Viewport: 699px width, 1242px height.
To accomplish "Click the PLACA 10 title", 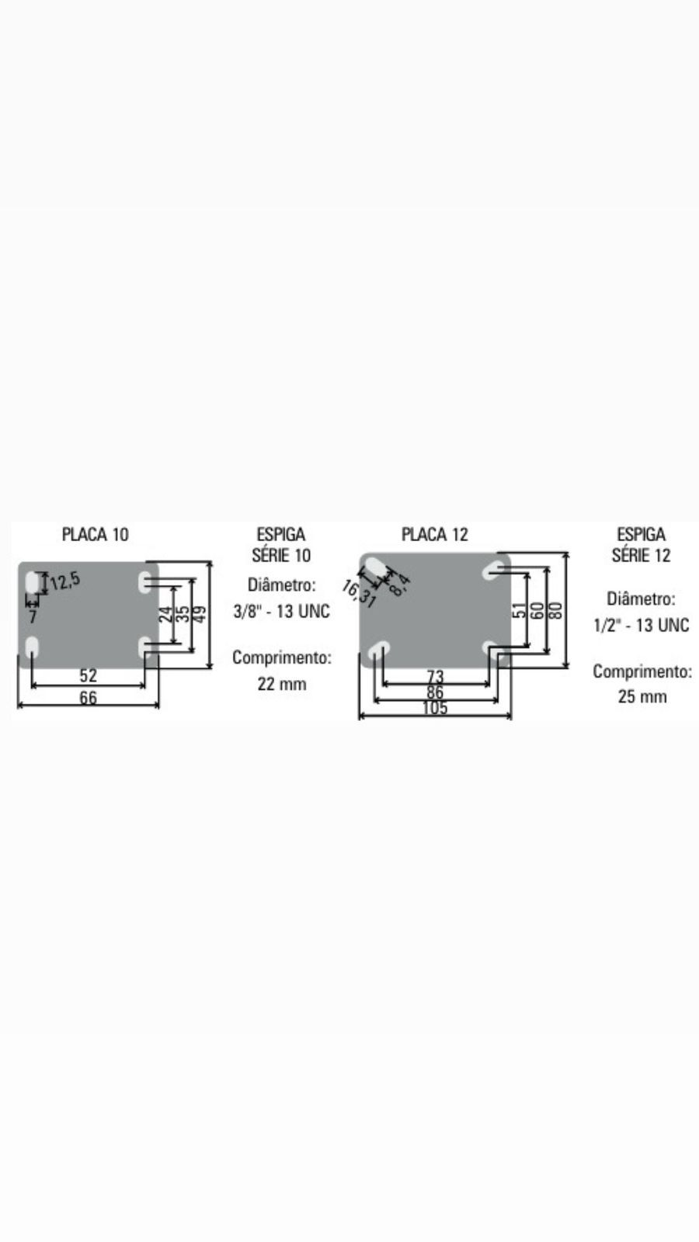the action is (96, 535).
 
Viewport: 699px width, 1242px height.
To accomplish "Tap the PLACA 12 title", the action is (435, 535).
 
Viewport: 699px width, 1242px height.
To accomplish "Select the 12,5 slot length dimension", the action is (65, 581).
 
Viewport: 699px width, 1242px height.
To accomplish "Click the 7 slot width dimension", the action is (33, 616).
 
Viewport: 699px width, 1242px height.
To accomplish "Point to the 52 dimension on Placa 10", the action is (89, 675).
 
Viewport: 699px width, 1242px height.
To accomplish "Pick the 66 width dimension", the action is (89, 698).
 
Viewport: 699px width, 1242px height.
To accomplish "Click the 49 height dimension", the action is (200, 614).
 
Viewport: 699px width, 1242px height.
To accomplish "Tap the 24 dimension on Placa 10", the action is (166, 614).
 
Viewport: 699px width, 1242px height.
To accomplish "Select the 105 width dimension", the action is (435, 708).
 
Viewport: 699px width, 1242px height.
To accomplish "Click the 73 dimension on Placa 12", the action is (436, 676).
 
